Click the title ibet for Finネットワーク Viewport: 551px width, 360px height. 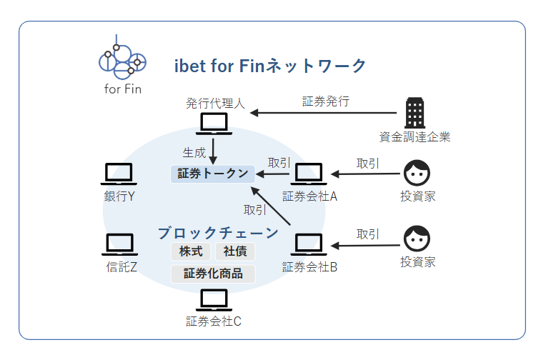pyautogui.click(x=270, y=66)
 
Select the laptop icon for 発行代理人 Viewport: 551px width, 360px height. pyautogui.click(x=215, y=124)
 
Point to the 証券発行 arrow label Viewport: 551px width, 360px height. pyautogui.click(x=326, y=101)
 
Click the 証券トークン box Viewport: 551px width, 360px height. pyautogui.click(x=212, y=174)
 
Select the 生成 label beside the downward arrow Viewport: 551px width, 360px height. pyautogui.click(x=194, y=153)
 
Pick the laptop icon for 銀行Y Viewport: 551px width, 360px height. pyautogui.click(x=119, y=174)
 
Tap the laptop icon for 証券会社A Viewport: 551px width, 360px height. pyautogui.click(x=309, y=174)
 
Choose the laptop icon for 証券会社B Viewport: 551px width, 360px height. pyautogui.click(x=309, y=244)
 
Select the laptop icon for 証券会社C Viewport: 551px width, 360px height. pyautogui.click(x=212, y=299)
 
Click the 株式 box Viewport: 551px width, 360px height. pyautogui.click(x=192, y=251)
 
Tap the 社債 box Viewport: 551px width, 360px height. pyautogui.click(x=234, y=251)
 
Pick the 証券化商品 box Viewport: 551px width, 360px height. pyautogui.click(x=213, y=274)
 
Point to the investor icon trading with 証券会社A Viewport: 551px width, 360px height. pyautogui.click(x=417, y=172)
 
